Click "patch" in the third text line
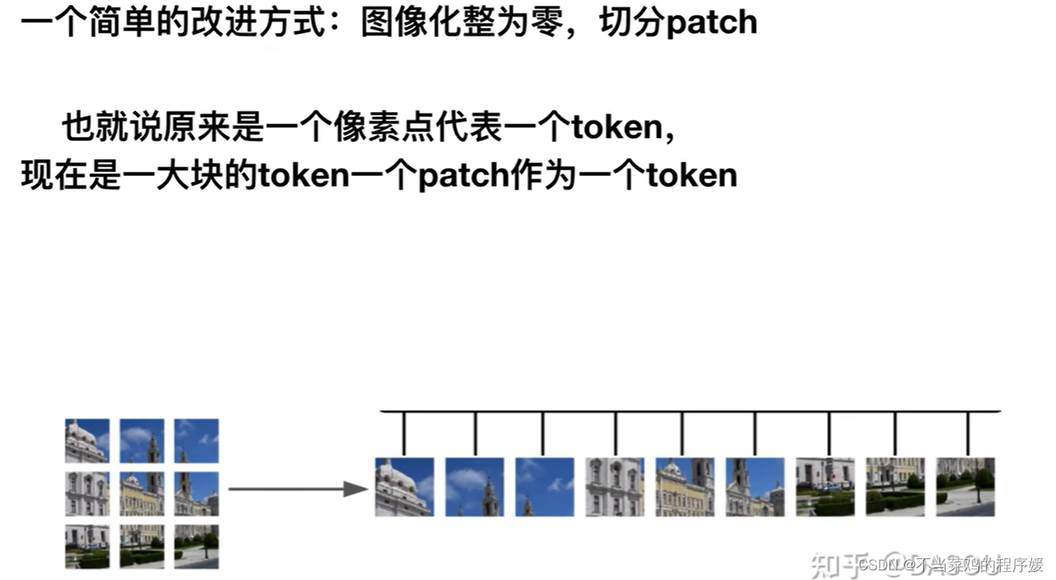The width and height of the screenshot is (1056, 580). [463, 175]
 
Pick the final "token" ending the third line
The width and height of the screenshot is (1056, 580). [692, 175]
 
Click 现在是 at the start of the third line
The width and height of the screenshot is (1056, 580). [70, 175]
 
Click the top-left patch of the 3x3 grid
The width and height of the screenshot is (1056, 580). [87, 441]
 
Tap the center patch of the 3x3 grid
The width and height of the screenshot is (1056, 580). [142, 494]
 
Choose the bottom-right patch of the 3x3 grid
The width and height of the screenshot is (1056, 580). [196, 546]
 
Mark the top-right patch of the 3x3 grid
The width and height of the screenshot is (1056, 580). [196, 441]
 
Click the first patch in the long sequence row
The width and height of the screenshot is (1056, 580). [404, 486]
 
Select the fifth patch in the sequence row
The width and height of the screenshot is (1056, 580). [685, 486]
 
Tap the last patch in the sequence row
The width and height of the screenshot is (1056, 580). [966, 486]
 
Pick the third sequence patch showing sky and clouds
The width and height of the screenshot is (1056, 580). [544, 486]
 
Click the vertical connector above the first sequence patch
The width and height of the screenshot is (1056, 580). [404, 433]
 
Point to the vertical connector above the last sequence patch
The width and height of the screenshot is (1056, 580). [968, 433]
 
